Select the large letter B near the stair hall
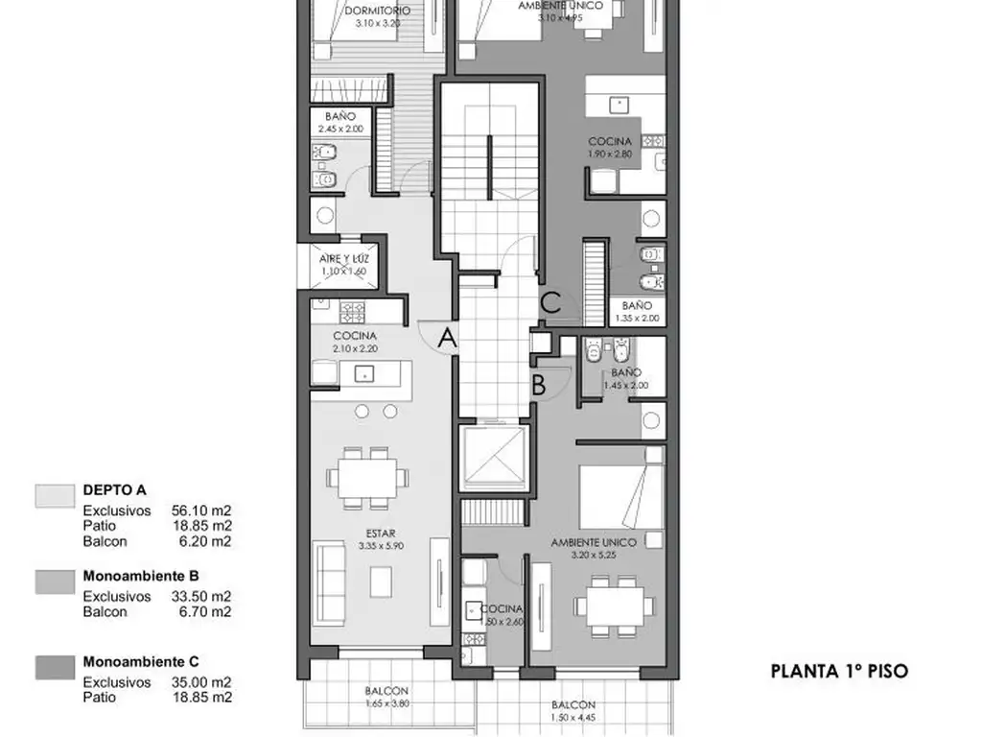(x=540, y=385)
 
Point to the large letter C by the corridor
(x=549, y=302)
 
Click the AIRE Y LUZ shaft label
(x=344, y=259)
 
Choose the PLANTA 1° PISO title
(x=838, y=672)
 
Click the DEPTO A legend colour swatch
(x=54, y=495)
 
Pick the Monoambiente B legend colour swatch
(x=54, y=582)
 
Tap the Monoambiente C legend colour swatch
(x=54, y=667)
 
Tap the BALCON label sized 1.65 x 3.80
(x=386, y=691)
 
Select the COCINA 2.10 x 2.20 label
(x=355, y=336)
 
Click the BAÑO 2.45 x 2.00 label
(x=340, y=116)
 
